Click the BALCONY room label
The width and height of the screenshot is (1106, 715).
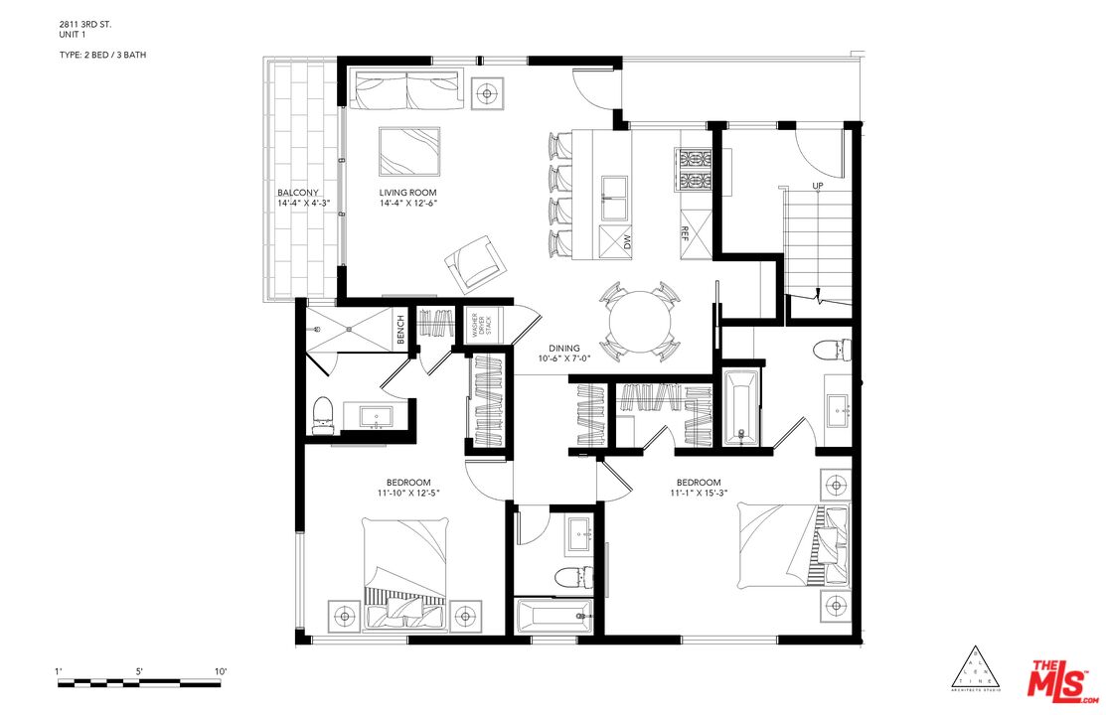coord(298,193)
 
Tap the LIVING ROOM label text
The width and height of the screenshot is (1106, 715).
coord(407,193)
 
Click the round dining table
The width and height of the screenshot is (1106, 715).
coord(640,319)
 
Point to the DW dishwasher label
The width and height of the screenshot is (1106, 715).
coord(628,241)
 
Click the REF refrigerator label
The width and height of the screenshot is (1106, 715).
coord(685,232)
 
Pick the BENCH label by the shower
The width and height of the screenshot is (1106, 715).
coord(400,331)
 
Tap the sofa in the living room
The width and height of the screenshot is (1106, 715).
coord(405,90)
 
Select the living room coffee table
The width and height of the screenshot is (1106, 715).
coord(408,150)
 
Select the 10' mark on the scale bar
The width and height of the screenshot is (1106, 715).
coord(221,672)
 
